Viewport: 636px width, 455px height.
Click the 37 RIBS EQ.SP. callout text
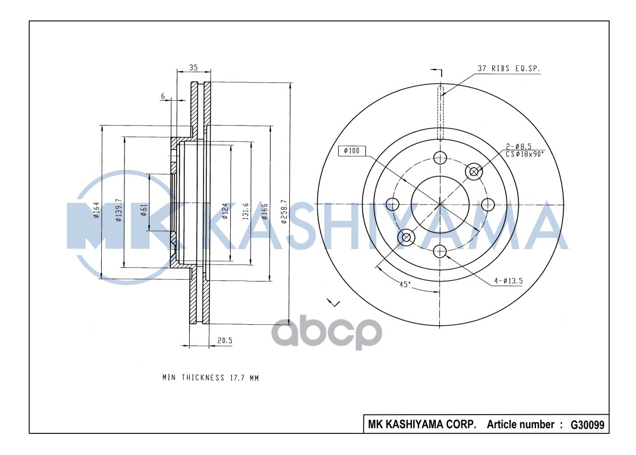[x=509, y=68]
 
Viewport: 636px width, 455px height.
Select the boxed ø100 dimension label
[x=351, y=151]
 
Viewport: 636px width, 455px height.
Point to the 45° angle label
[x=404, y=285]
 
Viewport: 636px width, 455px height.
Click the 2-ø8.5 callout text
[x=518, y=146]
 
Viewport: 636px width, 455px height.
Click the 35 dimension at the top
[x=193, y=67]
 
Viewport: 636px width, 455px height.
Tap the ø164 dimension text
[x=97, y=210]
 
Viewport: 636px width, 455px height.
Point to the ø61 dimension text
[x=144, y=210]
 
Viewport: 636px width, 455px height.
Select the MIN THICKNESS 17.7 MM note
[x=210, y=378]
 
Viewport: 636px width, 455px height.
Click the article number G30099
[x=587, y=424]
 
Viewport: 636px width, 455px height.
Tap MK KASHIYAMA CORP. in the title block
[x=422, y=424]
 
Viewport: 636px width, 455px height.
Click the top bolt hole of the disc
[x=440, y=158]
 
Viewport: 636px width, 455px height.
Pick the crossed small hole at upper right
[x=473, y=171]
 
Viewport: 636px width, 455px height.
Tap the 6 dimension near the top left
[x=163, y=97]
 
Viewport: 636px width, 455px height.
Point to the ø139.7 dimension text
[x=119, y=210]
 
